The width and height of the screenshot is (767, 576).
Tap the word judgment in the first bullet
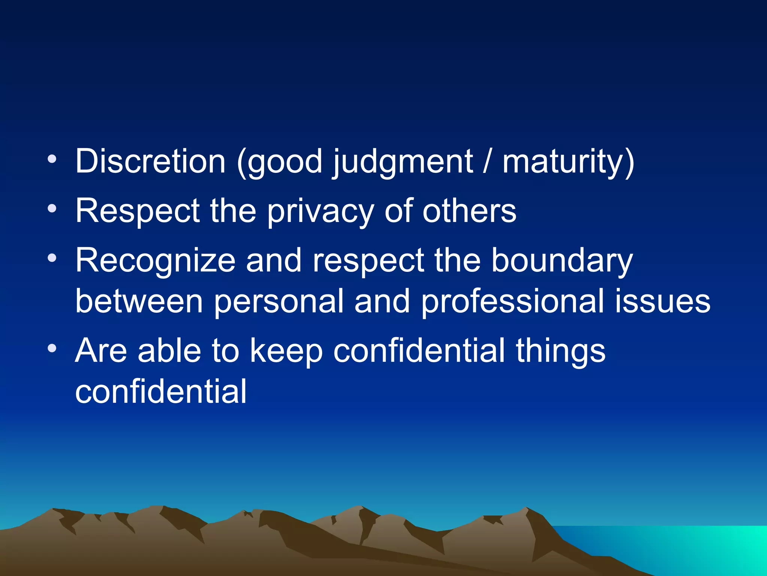pos(403,162)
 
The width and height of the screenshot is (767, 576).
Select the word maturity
pos(568,162)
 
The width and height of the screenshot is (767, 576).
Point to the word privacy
pos(320,211)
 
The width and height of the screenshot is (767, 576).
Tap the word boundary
pos(562,261)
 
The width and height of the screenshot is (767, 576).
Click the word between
pos(139,301)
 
